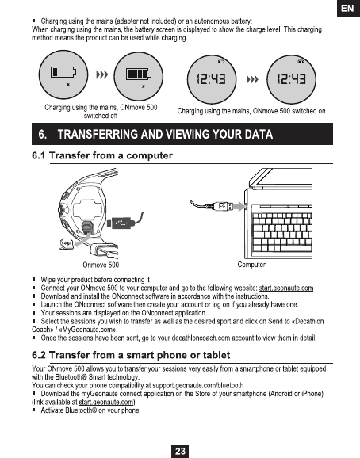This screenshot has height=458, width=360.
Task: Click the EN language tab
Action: [348, 8]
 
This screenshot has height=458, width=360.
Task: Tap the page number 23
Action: [180, 452]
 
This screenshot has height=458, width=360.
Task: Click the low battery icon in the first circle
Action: [63, 72]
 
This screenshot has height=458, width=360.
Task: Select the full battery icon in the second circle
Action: [139, 74]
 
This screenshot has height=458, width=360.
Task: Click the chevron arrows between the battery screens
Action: [102, 74]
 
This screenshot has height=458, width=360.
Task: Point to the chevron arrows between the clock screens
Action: [252, 79]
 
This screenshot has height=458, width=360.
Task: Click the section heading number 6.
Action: [42, 135]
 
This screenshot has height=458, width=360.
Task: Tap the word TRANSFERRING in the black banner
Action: [98, 135]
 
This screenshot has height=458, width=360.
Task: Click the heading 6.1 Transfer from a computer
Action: [102, 155]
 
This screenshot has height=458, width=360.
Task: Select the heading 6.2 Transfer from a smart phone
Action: [131, 355]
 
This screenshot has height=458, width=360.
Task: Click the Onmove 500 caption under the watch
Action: [101, 265]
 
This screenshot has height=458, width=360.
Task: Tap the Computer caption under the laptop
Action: [251, 265]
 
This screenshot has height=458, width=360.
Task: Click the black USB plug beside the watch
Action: [121, 223]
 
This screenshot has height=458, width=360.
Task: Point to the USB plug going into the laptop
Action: [222, 207]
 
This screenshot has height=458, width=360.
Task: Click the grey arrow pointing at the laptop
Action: [239, 207]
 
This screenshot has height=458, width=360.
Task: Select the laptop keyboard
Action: [282, 232]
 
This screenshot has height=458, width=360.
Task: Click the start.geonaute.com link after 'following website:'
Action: [286, 288]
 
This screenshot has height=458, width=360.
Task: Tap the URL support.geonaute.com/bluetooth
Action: [198, 386]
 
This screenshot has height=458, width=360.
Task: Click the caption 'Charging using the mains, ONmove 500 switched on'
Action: [251, 111]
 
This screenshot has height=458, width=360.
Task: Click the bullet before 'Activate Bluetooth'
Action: [34, 410]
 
